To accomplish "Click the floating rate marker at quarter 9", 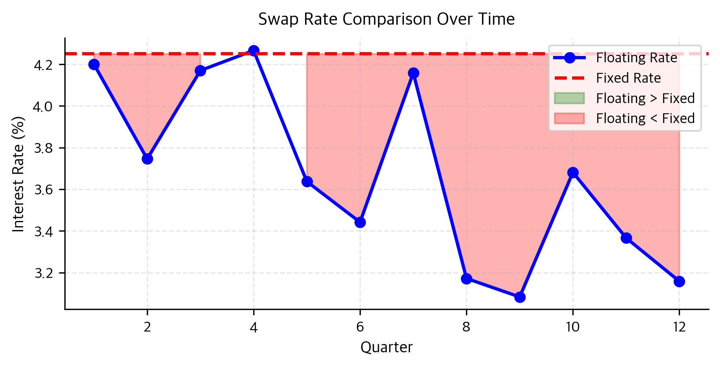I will coord(520,297).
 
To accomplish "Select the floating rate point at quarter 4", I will coord(254,51).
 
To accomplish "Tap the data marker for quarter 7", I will coord(413,73).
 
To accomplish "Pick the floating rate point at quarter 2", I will coord(147,159).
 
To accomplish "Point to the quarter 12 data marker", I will coord(679,282).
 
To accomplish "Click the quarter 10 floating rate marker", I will coord(573,173).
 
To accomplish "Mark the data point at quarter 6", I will coord(360,223).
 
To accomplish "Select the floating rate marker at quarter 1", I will coord(94,65).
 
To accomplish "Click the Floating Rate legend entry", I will coord(636,58).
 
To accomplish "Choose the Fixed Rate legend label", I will coord(628,78).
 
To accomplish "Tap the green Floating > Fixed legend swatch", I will coord(569,98).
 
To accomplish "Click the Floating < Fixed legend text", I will coord(645,118).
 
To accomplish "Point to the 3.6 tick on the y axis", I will coord(44,190).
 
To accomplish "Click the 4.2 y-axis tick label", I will coord(44,65).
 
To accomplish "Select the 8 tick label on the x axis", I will coord(466,327).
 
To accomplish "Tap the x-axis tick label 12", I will coord(679,327).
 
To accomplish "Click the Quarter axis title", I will coord(386,348).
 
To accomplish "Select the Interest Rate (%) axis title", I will coord(18,174).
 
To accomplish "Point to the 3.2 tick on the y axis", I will coord(44,274).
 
